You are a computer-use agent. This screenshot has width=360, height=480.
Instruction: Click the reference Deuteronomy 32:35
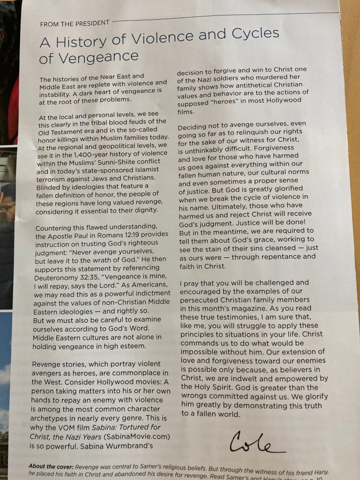[63, 277]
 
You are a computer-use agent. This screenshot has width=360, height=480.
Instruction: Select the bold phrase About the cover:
[51, 466]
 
